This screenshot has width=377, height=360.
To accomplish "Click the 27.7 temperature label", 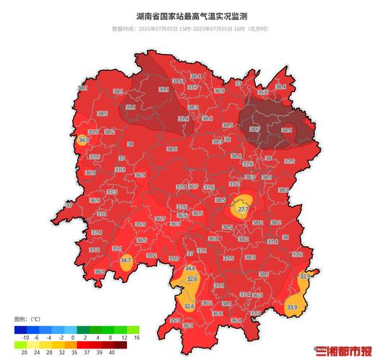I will [x=243, y=209].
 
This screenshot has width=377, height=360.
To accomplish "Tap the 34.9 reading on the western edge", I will [x=84, y=140].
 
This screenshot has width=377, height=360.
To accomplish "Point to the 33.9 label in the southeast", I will [x=292, y=307].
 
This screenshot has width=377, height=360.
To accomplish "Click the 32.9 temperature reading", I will [x=304, y=276].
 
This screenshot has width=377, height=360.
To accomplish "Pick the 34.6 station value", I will [x=190, y=268].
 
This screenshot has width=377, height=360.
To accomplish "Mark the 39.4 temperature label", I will [x=184, y=119].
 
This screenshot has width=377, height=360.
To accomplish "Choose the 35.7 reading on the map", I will [x=174, y=258].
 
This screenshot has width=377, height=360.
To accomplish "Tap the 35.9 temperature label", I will [x=141, y=224].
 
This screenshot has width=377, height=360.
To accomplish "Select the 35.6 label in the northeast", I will [x=262, y=92].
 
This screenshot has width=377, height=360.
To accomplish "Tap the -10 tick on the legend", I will [x=25, y=337].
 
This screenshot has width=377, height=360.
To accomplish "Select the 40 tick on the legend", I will [x=112, y=352].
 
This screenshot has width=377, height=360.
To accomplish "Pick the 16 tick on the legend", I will [x=136, y=337].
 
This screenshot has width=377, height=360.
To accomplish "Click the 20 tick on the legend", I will [x=25, y=352].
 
